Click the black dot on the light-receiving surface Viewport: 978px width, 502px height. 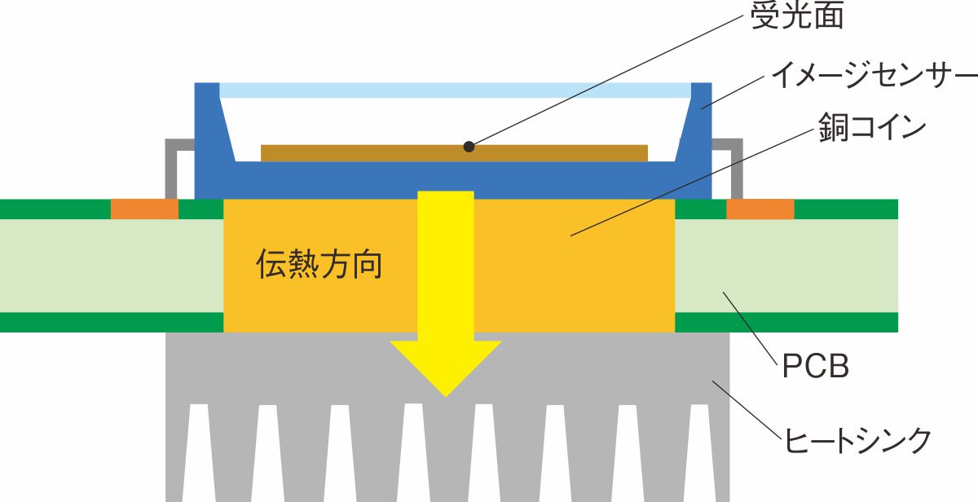click(x=469, y=147)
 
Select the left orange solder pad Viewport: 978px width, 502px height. click(x=144, y=209)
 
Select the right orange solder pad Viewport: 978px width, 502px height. click(x=760, y=209)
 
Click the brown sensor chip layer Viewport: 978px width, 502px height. click(x=367, y=152)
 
